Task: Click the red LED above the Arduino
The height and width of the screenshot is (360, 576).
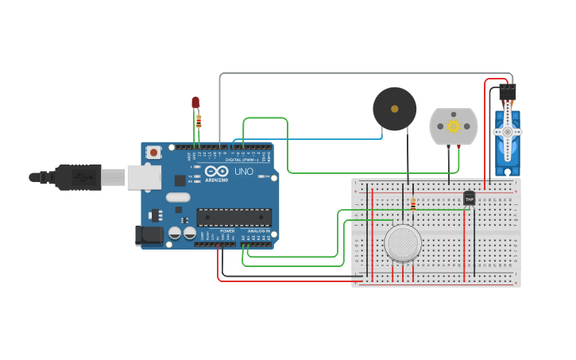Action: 195,103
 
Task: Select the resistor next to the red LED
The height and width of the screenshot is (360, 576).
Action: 199,122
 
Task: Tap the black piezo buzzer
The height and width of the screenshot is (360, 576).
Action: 395,109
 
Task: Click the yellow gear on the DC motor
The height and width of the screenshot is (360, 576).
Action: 454,126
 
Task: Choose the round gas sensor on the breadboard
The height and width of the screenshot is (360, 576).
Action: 403,243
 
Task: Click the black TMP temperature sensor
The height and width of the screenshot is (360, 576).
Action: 469,198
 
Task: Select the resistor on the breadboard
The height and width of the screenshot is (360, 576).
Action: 413,204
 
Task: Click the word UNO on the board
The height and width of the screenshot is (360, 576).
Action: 243,172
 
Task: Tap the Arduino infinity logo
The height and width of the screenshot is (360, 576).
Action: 216,171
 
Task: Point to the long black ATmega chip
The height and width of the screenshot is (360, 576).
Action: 234,217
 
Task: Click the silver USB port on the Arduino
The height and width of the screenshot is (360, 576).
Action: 144,176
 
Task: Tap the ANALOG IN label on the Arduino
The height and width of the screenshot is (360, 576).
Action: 258,230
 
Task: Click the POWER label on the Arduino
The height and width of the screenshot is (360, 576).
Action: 227,230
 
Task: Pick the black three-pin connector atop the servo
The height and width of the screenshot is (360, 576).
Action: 507,92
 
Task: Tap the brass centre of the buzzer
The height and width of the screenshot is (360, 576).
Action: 395,109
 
